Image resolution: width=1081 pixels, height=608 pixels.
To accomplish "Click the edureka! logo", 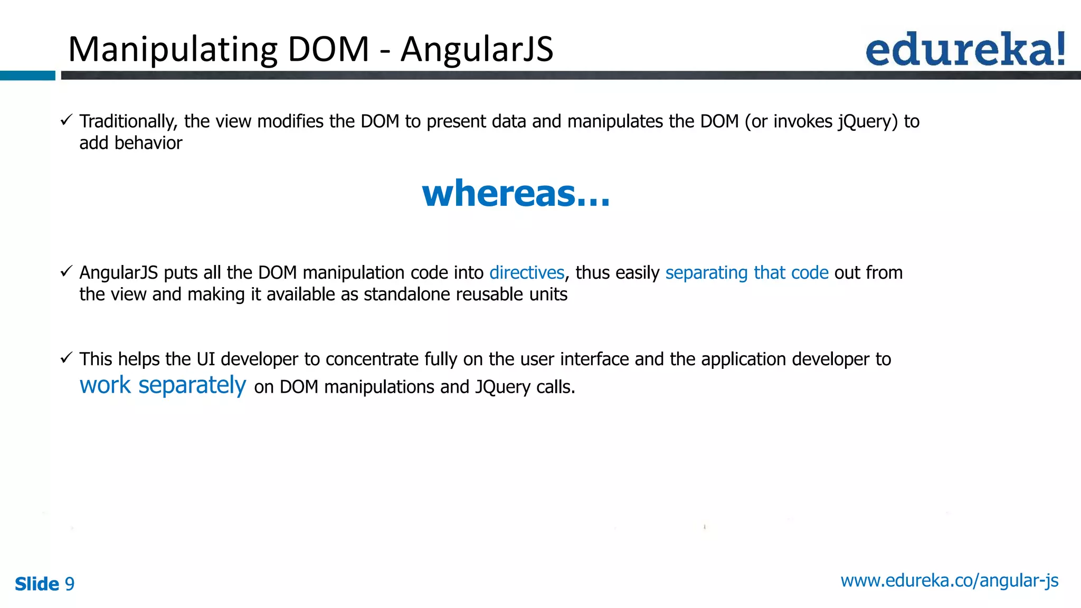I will coord(965,49).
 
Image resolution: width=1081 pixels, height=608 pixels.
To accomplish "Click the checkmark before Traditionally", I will coord(66,120).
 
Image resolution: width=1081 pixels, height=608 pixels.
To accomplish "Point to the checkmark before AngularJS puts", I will coord(66,272).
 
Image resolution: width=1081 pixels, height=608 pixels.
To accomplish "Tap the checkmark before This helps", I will coord(66,358).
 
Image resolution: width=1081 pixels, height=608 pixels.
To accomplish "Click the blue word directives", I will coord(527,273).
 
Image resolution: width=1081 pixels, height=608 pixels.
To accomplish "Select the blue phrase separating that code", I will coord(746,273).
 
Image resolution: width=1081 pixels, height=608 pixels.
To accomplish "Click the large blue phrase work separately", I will coord(163,385).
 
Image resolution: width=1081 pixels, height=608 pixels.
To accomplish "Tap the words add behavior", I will coord(130,143).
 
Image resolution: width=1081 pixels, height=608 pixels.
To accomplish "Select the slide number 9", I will coord(70,584).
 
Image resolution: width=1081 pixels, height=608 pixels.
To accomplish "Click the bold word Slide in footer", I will coord(37,584).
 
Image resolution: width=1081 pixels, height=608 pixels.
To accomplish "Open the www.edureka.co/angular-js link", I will coord(949,581).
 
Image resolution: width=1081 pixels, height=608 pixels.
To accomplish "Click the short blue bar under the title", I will coord(27,75).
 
